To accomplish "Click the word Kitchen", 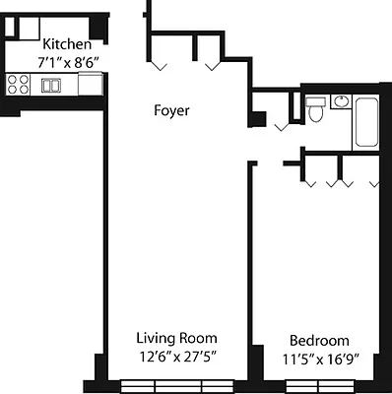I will click(67, 44).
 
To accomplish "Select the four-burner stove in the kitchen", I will click(18, 86).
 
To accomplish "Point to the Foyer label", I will click(171, 110).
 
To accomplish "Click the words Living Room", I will click(176, 338).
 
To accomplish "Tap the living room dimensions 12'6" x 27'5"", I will click(176, 356).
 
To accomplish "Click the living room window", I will click(175, 384).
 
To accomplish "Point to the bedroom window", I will click(319, 384).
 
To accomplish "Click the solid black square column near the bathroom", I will click(258, 120).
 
